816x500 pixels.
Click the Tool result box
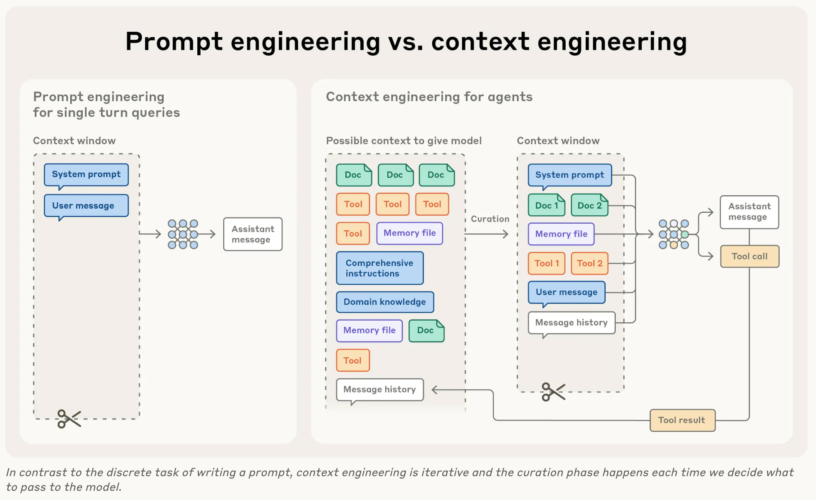[x=682, y=420]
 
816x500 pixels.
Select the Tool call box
[x=750, y=256]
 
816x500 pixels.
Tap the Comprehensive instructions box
[x=380, y=268]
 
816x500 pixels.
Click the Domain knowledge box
[x=385, y=302]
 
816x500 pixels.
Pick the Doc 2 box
[x=589, y=205]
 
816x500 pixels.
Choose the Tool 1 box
[x=546, y=263]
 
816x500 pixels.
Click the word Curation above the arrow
[x=490, y=219]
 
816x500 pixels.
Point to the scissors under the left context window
[x=69, y=418]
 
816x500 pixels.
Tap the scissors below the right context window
[x=553, y=392]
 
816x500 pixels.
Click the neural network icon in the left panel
[x=183, y=234]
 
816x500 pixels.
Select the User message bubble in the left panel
[x=86, y=206]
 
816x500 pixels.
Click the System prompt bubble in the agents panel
[x=569, y=175]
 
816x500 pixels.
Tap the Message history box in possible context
[x=380, y=390]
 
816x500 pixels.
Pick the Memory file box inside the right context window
[x=561, y=234]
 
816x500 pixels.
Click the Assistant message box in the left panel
[x=252, y=234]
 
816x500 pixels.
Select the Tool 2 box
[x=589, y=263]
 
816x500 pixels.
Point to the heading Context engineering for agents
[x=429, y=97]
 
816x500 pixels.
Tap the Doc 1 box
[x=546, y=205]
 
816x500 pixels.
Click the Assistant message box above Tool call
[x=749, y=212]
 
